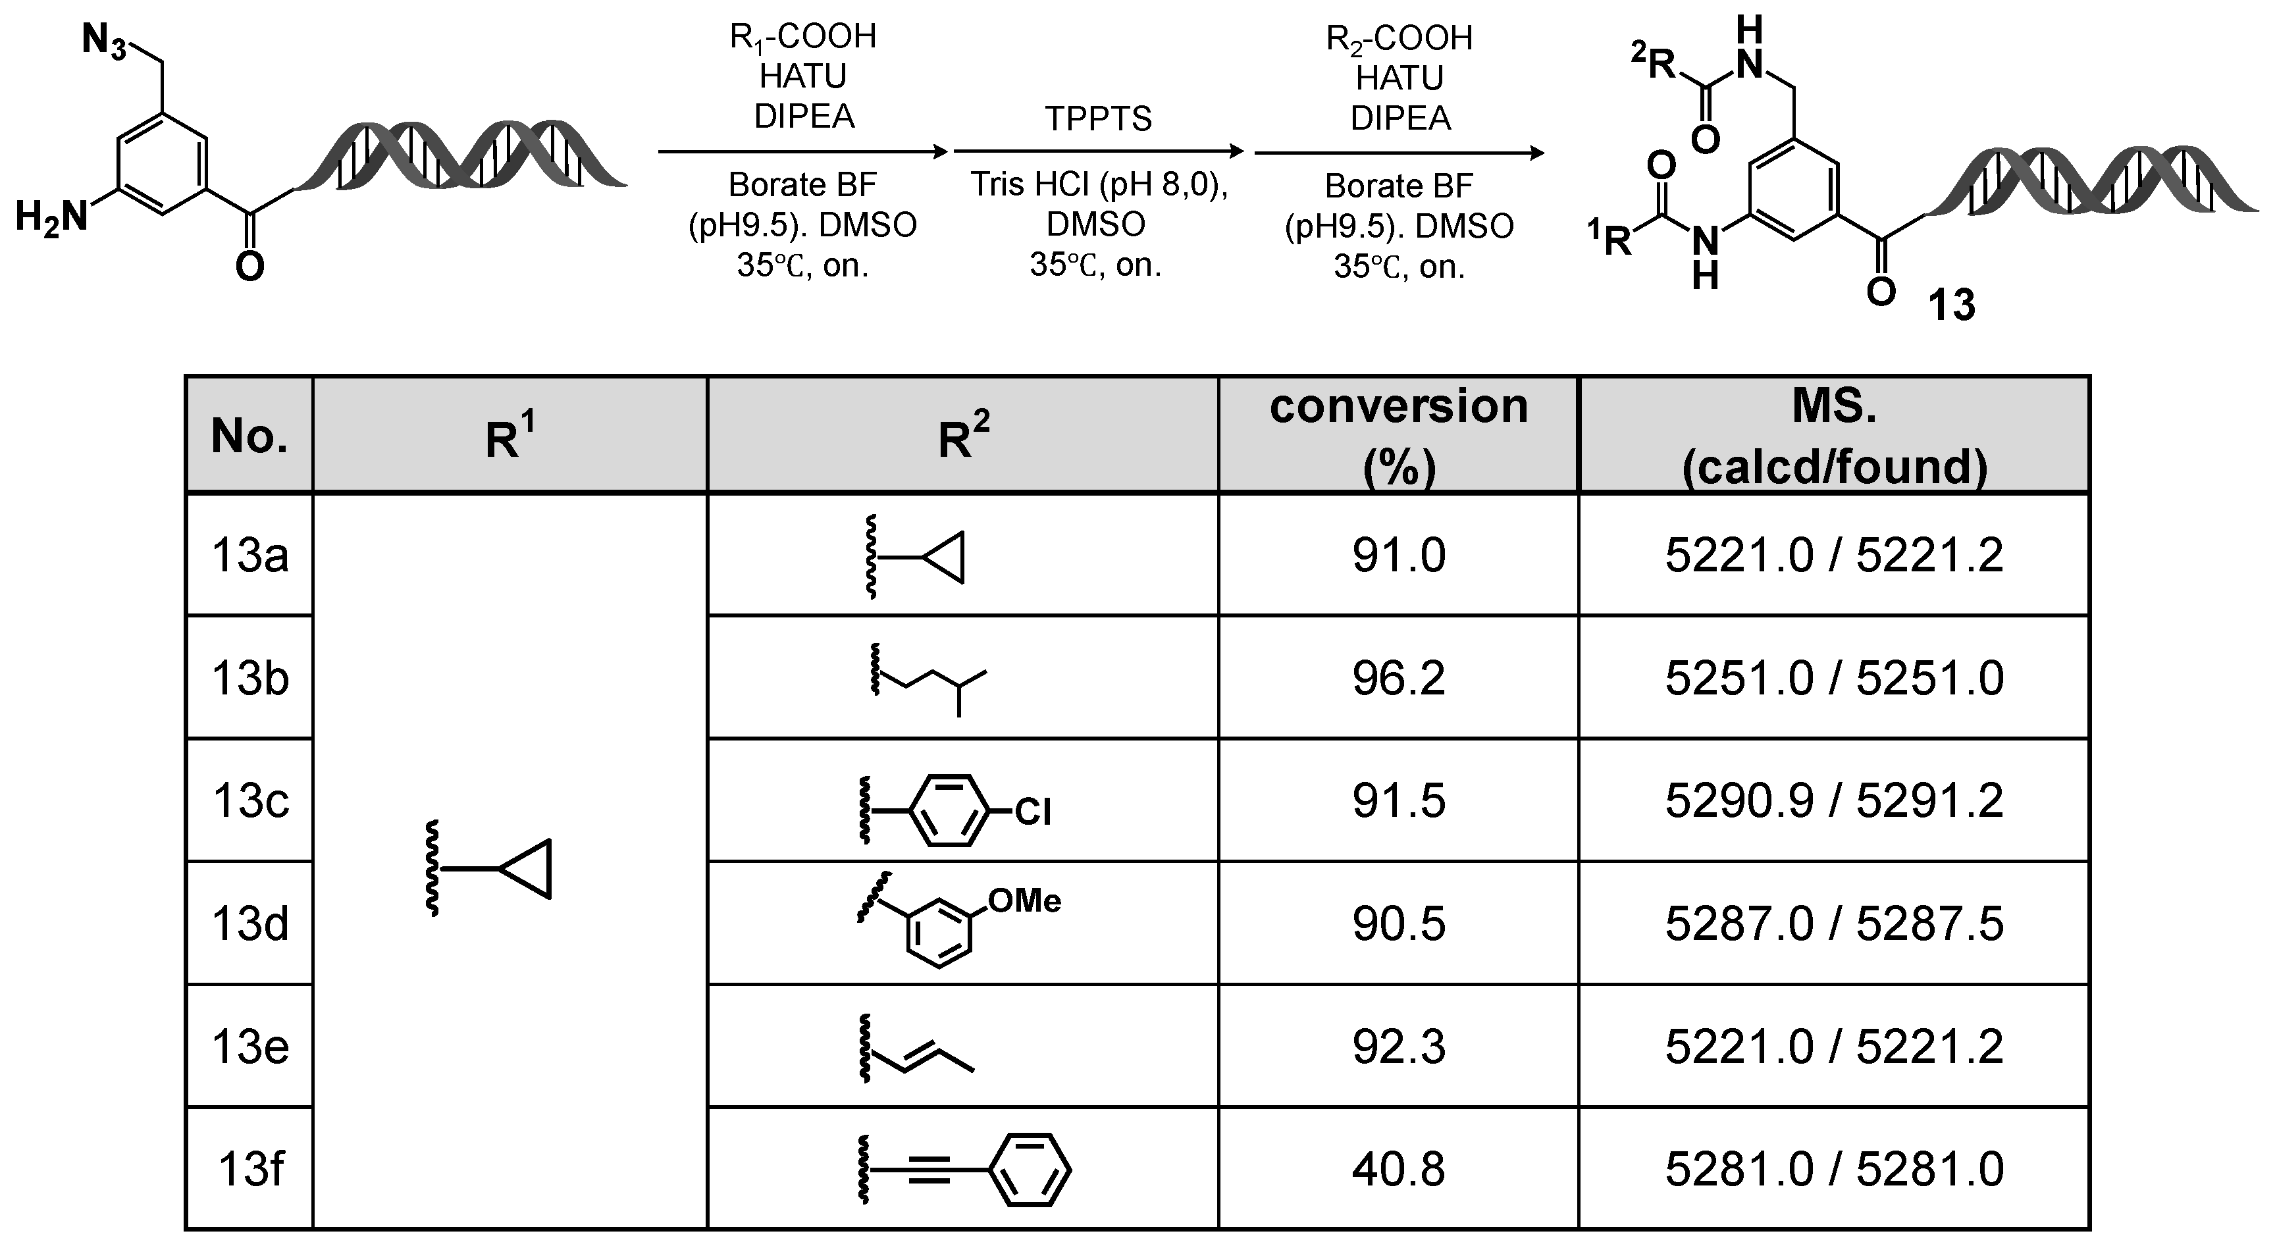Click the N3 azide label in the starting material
tap(104, 41)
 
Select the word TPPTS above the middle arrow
tap(1099, 118)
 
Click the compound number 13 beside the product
tap(1951, 305)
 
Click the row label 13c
tap(250, 801)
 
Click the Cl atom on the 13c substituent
tap(1032, 812)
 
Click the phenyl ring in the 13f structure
tap(1029, 1170)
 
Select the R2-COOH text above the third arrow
tap(1399, 39)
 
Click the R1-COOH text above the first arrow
tap(803, 37)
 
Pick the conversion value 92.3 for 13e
tap(1398, 1047)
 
